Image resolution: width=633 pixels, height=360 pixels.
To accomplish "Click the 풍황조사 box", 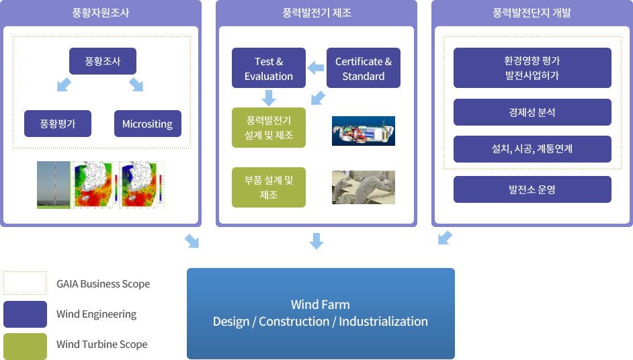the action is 103,61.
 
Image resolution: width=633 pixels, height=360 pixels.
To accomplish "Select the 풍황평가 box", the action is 58,124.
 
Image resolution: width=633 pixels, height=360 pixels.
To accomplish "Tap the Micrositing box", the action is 148,124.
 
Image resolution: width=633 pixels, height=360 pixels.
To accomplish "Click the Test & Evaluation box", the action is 269,68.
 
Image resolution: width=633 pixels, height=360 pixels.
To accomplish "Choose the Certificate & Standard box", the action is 364,68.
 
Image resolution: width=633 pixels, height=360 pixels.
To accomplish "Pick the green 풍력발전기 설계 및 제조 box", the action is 269,128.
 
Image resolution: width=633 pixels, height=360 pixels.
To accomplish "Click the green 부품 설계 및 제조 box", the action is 269,187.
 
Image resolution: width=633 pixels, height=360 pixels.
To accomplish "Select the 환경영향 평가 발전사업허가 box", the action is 532,68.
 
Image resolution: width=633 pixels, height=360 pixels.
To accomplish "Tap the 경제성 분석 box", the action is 532,112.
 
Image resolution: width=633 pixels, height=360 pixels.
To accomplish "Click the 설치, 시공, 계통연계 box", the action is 532,149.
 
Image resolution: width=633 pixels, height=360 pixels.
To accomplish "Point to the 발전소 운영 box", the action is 532,189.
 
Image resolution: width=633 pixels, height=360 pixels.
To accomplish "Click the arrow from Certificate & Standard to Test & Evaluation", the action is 316,68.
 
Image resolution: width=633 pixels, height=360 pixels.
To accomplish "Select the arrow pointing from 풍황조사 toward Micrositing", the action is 136,85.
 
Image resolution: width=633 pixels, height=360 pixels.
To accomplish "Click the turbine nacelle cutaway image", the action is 364,131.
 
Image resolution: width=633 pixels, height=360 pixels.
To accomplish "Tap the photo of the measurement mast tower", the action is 54,185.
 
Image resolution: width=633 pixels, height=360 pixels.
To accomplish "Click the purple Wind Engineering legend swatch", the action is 25,314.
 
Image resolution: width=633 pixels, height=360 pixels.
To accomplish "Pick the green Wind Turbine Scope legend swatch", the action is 25,347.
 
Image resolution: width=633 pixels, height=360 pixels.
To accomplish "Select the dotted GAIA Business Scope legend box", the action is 25,283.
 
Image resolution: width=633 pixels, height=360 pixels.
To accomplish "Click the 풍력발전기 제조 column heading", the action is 316,13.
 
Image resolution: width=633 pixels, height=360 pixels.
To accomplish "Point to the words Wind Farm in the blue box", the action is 321,304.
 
